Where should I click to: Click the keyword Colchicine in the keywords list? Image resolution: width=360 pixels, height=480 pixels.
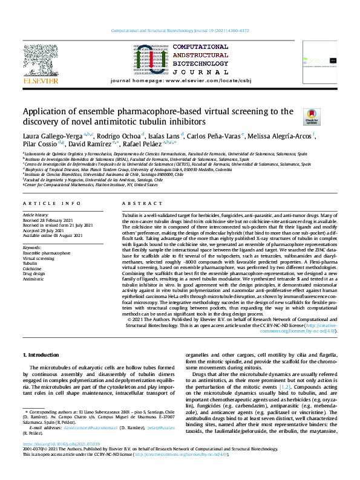pos(33,268)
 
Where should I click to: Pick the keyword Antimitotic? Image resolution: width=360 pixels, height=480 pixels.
pos(33,279)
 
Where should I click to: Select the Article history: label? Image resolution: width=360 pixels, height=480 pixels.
pos(37,215)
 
